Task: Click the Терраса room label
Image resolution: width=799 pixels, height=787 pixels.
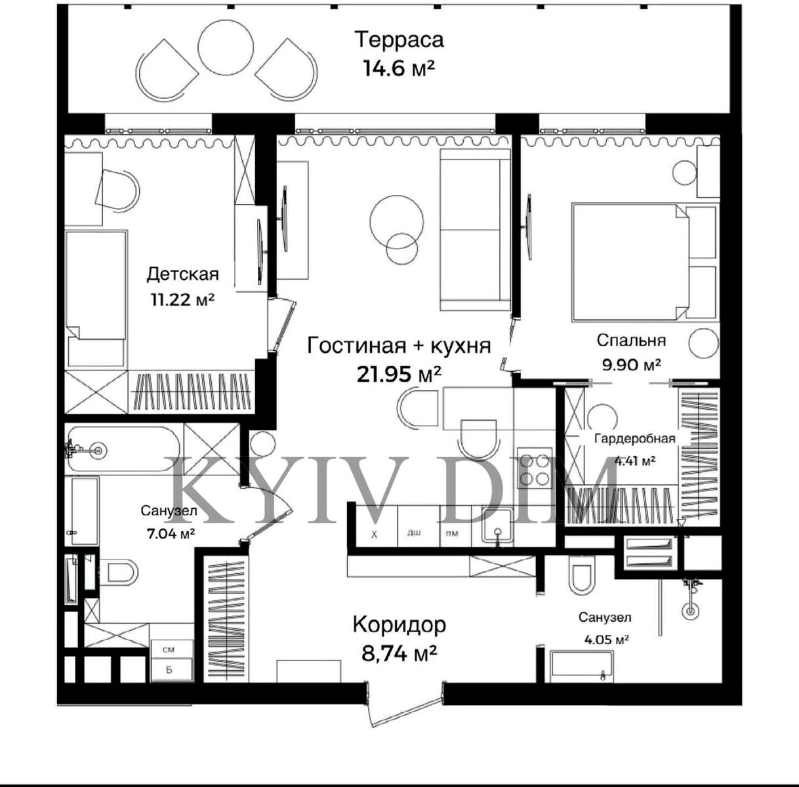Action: pos(399,41)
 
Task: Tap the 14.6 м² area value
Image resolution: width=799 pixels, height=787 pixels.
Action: pos(399,68)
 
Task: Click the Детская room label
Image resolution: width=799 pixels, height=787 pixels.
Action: pos(182,275)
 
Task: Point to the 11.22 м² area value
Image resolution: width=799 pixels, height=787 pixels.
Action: pos(182,299)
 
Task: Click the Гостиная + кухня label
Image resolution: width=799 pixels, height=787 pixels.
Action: pos(399,346)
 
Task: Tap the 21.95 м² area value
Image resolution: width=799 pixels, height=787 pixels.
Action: pos(399,374)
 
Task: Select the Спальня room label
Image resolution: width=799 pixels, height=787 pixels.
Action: pos(631,340)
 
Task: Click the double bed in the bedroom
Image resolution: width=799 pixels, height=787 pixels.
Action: pos(644,262)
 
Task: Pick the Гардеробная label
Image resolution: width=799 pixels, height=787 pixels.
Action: pos(635,438)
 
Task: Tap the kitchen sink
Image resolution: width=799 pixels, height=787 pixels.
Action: pos(497,527)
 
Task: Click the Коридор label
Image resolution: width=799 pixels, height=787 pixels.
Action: pos(399,625)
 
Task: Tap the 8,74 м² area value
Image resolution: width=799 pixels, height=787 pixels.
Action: pos(399,654)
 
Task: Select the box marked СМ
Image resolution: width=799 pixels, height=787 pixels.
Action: pos(171,650)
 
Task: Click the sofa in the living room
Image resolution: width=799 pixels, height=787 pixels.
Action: pos(475,230)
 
